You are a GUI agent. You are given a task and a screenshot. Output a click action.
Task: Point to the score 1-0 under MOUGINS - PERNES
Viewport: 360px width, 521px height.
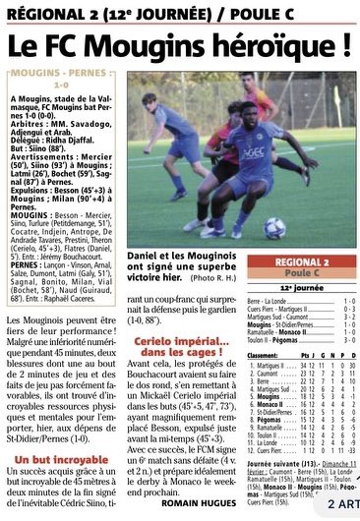62,85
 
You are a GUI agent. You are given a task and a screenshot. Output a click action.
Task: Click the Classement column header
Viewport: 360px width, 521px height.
267,356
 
